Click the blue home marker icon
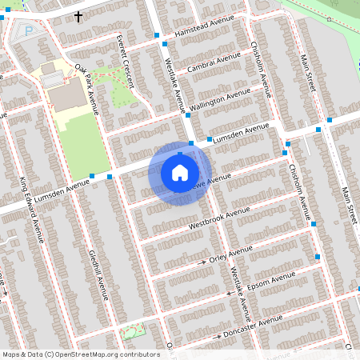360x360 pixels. tap(180, 172)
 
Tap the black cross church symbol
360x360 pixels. tap(78, 15)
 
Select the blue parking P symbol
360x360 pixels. tap(30, 31)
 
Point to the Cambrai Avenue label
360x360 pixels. tap(214, 63)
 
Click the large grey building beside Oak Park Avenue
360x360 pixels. tap(69, 95)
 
